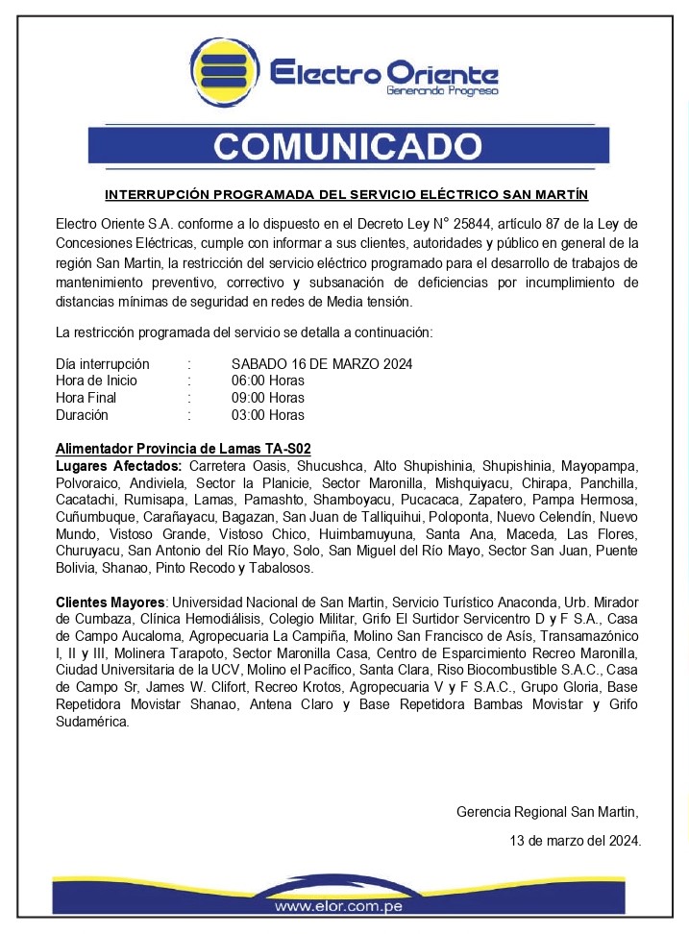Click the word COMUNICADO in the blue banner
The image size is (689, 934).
[348, 146]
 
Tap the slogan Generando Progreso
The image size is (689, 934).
[442, 91]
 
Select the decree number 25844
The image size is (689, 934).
[457, 224]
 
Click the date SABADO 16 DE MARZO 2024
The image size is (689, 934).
[322, 364]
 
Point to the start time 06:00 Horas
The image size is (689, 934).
[268, 381]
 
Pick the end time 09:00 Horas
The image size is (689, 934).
[268, 398]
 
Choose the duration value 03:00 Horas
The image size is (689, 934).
[268, 415]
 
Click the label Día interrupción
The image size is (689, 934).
[103, 364]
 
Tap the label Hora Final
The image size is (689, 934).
[86, 398]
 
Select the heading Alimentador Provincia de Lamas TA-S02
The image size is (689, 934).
[184, 449]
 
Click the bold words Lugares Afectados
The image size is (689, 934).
[111, 466]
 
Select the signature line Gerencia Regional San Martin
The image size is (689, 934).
[547, 812]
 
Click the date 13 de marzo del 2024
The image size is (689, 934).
[575, 841]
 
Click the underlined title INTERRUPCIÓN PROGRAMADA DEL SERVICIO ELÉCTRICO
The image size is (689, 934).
[346, 194]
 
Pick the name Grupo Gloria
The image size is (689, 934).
[578, 688]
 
